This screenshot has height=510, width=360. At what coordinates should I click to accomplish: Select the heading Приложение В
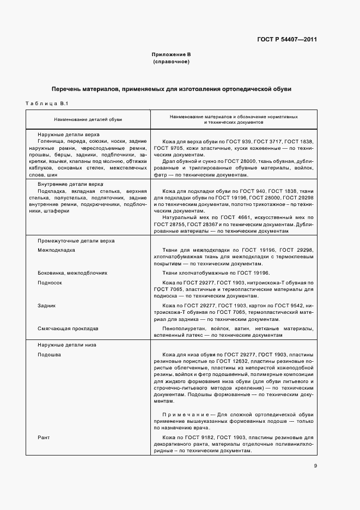[171, 55]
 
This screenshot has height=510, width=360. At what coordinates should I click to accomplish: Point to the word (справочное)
[171, 62]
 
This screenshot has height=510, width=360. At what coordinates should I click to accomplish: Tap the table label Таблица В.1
[46, 104]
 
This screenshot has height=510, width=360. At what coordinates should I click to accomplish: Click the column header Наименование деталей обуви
[87, 119]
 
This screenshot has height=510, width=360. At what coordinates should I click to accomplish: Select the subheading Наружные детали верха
[68, 133]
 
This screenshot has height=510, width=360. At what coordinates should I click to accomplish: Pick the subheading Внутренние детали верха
[70, 185]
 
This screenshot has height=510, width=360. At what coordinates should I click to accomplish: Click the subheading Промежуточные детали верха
[76, 241]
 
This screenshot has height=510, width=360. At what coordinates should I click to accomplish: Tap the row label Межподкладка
[57, 250]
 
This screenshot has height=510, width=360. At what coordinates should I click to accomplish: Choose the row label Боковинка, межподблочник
[72, 272]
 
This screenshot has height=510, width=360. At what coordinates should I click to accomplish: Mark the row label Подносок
[50, 283]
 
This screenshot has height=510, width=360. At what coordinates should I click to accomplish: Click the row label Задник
[47, 306]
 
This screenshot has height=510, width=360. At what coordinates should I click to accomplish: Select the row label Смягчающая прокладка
[68, 329]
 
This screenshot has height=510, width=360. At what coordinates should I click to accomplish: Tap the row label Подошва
[49, 354]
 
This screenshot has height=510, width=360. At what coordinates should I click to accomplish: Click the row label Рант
[44, 438]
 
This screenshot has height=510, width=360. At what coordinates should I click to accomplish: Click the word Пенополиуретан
[185, 329]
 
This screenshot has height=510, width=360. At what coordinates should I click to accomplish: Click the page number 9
[315, 465]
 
